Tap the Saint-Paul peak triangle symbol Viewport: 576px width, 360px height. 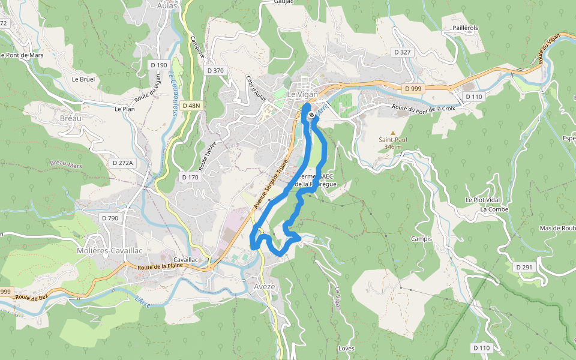pyautogui.click(x=393, y=133)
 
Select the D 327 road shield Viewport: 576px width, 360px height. pyautogui.click(x=403, y=52)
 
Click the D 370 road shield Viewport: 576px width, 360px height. pyautogui.click(x=215, y=70)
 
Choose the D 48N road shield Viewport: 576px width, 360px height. pyautogui.click(x=191, y=106)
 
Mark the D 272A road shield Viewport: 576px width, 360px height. pyautogui.click(x=123, y=163)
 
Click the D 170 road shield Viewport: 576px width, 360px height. pyautogui.click(x=190, y=177)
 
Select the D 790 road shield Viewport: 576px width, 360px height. pyautogui.click(x=109, y=218)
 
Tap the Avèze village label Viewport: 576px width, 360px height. pyautogui.click(x=264, y=286)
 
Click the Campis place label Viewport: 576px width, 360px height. pyautogui.click(x=421, y=239)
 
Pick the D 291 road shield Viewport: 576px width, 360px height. pyautogui.click(x=524, y=267)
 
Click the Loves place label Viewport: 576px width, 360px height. pyautogui.click(x=347, y=349)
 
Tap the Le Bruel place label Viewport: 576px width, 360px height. pyautogui.click(x=83, y=79)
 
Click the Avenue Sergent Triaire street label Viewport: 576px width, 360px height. pyautogui.click(x=271, y=184)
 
